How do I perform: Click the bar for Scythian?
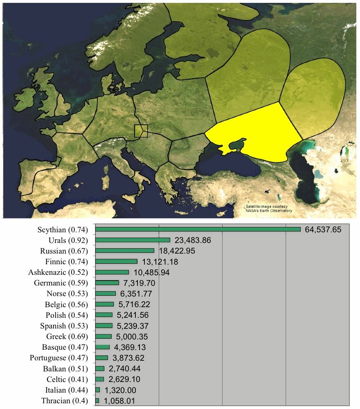[198, 229]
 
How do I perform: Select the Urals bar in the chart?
[133, 240]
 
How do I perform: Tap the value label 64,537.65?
[323, 229]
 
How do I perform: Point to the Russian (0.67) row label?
[64, 251]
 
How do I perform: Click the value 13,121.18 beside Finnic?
[160, 262]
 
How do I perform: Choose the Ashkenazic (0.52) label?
[58, 272]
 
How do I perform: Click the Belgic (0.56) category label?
[66, 304]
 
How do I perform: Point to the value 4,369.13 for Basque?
[130, 347]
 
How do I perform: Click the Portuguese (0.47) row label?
[59, 358]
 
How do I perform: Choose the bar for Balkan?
[100, 369]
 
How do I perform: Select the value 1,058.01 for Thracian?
[119, 401]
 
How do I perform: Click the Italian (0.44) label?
[67, 390]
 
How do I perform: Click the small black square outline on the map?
[141, 131]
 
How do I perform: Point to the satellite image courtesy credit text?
[269, 209]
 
